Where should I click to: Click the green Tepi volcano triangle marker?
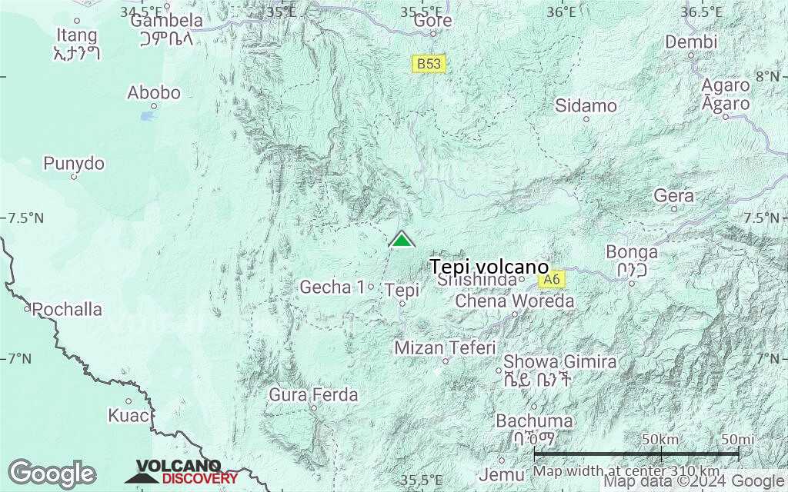402,240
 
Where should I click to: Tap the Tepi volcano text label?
489,266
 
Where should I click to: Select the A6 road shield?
550,280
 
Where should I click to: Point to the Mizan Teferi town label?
445,347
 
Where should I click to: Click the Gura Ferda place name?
313,395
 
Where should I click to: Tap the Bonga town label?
632,251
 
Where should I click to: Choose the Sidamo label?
586,105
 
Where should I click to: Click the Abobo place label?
154,93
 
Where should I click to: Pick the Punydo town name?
74,163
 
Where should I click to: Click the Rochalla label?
68,309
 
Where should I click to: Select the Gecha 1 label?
332,287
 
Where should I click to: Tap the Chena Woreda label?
515,301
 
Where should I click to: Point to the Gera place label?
673,196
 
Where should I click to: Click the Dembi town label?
691,42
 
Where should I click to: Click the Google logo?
52,472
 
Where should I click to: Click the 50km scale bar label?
660,439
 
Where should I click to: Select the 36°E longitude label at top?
561,12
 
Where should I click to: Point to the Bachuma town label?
534,421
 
